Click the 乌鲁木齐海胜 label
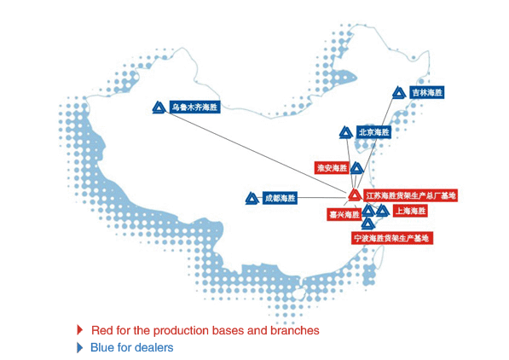194,107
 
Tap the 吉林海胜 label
427,93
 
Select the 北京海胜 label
373,132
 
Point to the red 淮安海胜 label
332,168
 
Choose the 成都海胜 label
280,198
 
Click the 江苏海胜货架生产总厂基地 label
411,195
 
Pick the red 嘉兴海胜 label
344,214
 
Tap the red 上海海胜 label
410,211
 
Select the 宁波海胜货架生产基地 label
392,238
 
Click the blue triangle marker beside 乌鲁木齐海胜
159,107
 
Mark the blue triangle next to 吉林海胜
399,93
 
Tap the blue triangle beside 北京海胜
346,132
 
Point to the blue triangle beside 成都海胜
252,199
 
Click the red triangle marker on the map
355,195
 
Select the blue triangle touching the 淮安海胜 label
356,168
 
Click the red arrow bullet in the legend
80,330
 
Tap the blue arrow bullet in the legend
80,347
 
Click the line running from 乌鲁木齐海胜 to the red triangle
257,152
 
